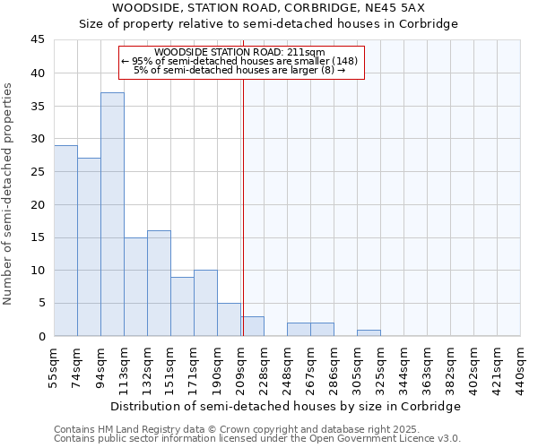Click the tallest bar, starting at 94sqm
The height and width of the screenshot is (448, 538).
click(112, 214)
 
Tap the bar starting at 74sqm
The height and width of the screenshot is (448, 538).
click(89, 246)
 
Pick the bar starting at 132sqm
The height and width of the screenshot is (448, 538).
click(159, 283)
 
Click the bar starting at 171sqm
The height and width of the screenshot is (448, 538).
click(205, 303)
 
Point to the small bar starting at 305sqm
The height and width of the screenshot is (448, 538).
click(369, 332)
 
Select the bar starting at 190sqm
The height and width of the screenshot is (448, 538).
click(229, 319)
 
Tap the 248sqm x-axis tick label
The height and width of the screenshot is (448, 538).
click(287, 369)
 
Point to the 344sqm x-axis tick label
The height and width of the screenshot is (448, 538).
click(403, 369)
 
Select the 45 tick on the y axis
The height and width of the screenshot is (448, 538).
click(38, 40)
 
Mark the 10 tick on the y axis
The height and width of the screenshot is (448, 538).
click(38, 271)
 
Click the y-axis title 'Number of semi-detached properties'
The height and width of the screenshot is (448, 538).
click(10, 194)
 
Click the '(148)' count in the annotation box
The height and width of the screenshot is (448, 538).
click(345, 61)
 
